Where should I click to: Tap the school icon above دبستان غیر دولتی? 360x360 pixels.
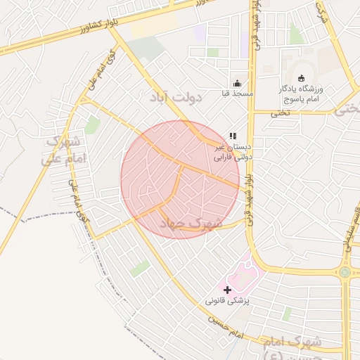pyautogui.click(x=233, y=136)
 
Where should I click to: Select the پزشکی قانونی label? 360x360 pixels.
pyautogui.click(x=228, y=300)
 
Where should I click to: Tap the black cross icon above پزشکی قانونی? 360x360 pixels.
pyautogui.click(x=226, y=289)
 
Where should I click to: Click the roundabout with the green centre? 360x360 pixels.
pyautogui.click(x=345, y=271)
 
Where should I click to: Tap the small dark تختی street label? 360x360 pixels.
pyautogui.click(x=281, y=112)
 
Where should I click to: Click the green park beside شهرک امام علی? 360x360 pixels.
pyautogui.click(x=91, y=125)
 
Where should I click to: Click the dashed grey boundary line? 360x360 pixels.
pyautogui.click(x=42, y=212)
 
